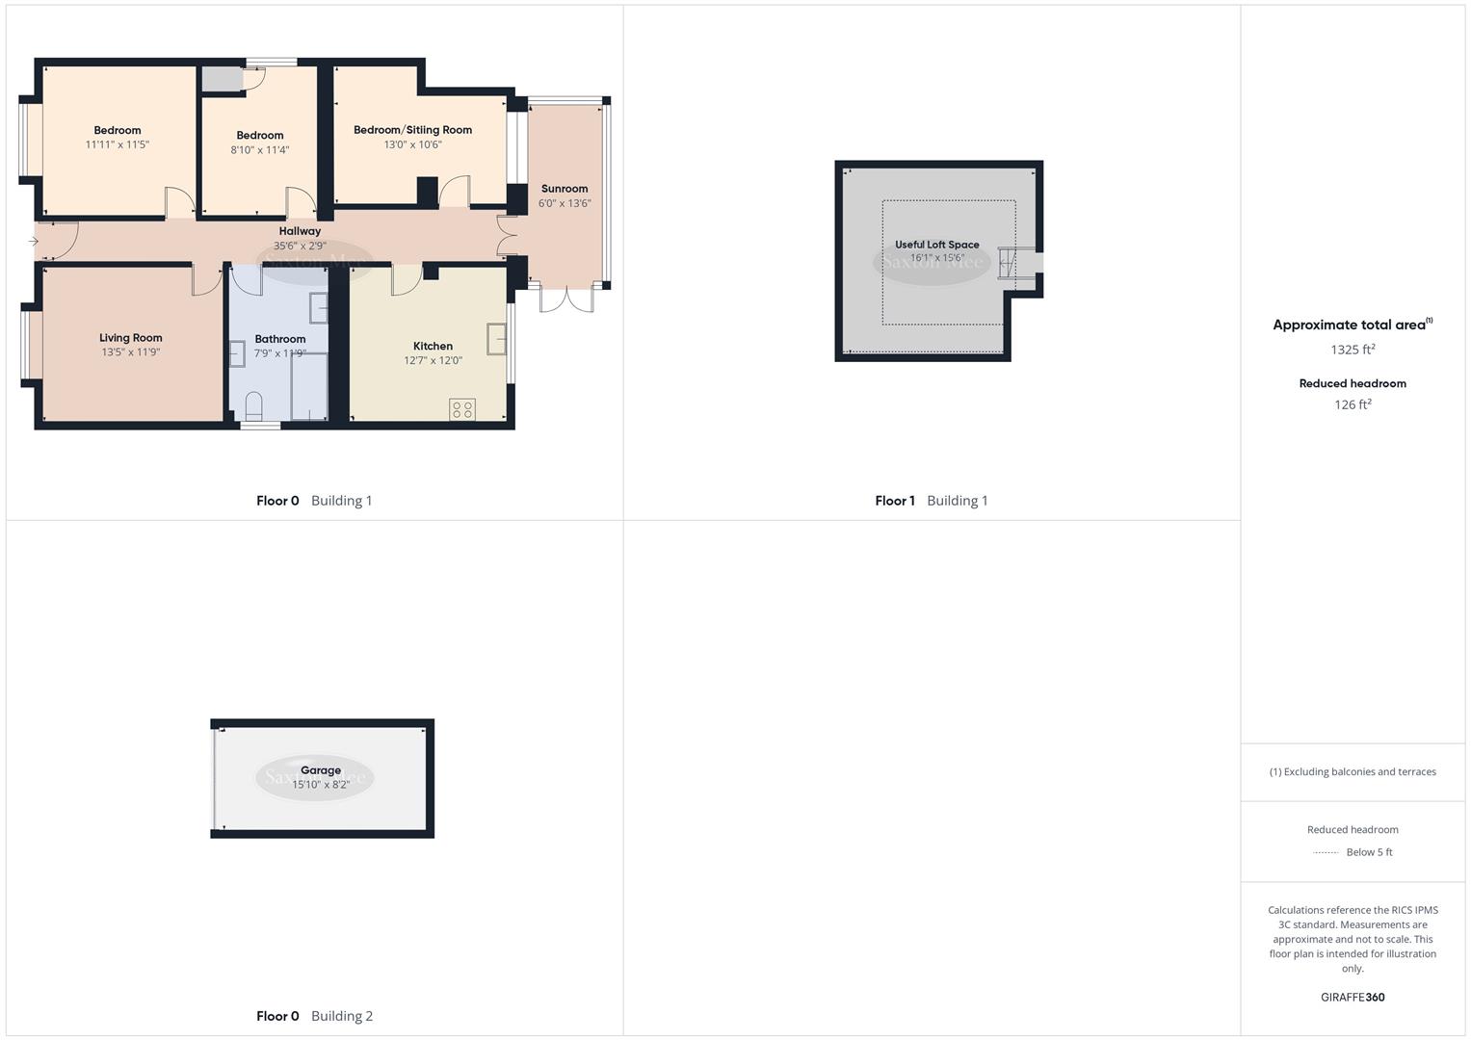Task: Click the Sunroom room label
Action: [x=565, y=189]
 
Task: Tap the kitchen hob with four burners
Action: [x=461, y=409]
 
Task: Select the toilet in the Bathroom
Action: [x=254, y=406]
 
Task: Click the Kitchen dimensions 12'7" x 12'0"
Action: [x=433, y=361]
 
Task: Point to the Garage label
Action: [x=321, y=770]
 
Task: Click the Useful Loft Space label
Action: [x=936, y=245]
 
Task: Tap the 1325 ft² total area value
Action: [x=1353, y=350]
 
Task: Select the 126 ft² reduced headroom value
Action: [x=1353, y=405]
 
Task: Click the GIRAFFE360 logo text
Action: [x=1353, y=998]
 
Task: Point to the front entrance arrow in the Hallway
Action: [x=34, y=242]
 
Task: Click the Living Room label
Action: [x=131, y=338]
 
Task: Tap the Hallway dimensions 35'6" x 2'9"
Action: [x=300, y=247]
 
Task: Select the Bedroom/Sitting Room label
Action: [x=412, y=130]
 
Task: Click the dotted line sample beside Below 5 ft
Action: [x=1326, y=853]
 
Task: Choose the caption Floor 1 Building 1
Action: [x=931, y=501]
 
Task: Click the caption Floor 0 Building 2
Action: [x=314, y=1016]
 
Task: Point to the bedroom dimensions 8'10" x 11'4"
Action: [x=260, y=150]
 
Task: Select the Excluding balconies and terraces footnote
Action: [x=1353, y=772]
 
